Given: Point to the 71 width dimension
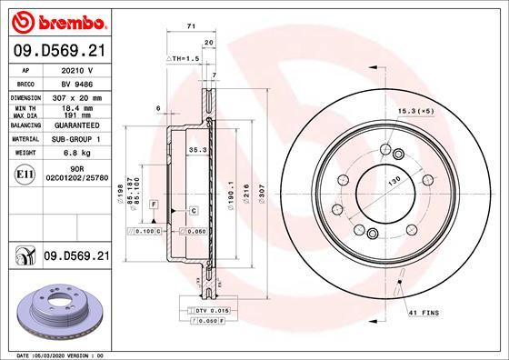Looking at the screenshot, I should click(190, 28).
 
